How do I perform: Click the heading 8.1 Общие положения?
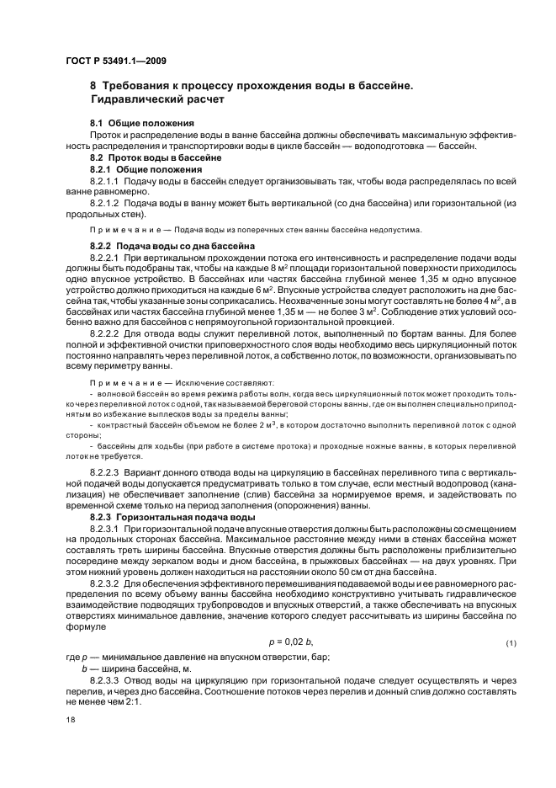click(142, 124)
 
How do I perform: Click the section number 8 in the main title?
click(93, 86)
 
